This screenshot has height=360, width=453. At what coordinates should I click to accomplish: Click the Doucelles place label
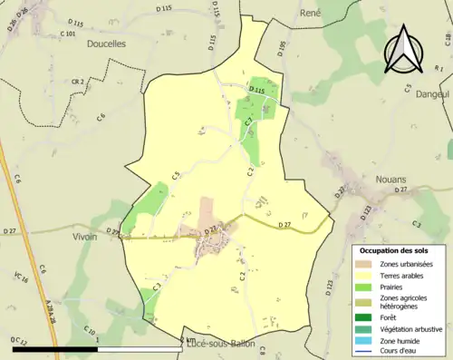tap(107, 44)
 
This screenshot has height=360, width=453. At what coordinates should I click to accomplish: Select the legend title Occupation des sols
tap(395, 249)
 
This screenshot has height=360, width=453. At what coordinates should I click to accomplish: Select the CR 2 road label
tap(77, 82)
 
